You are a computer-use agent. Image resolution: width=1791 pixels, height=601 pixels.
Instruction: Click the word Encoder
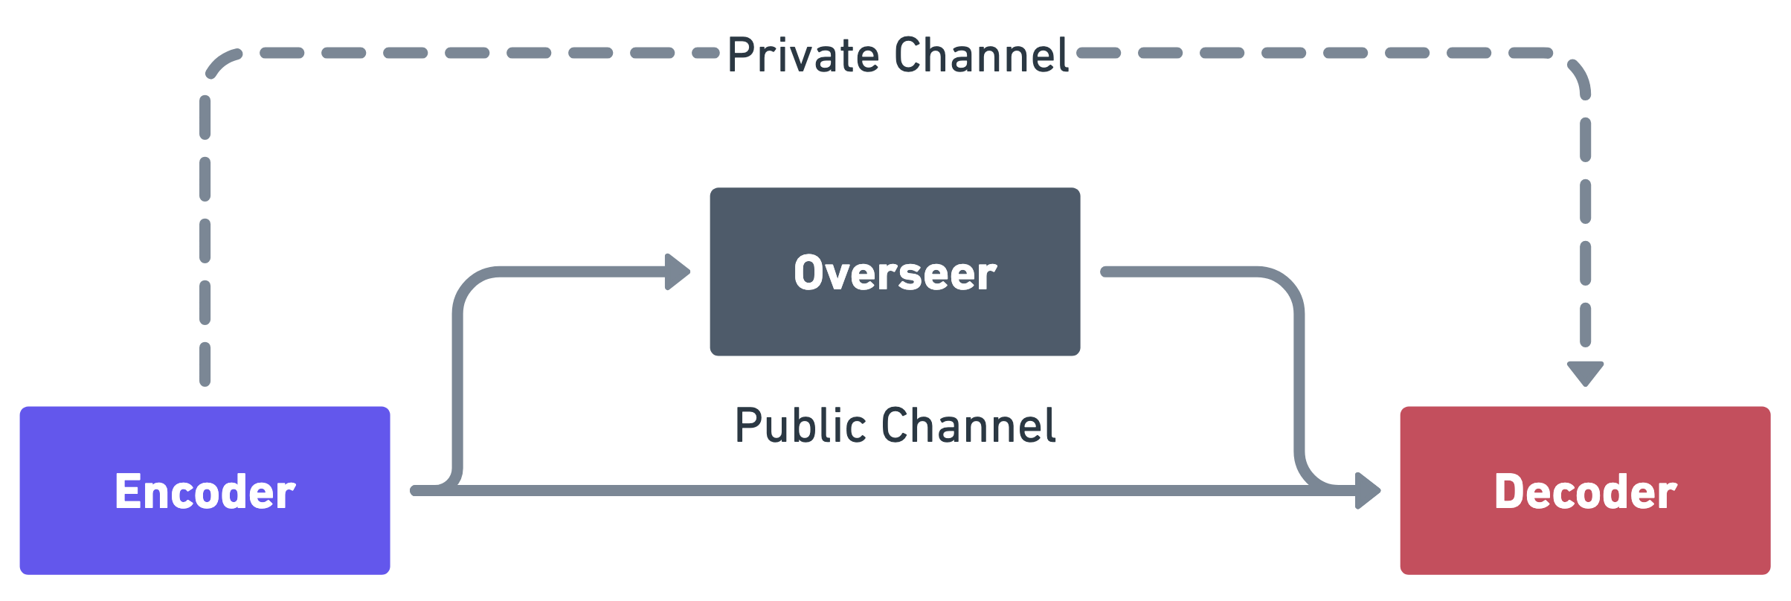(205, 492)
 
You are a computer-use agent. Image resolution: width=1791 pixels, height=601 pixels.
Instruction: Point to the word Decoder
(1586, 492)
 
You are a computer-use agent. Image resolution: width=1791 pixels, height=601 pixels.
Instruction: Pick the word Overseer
(895, 273)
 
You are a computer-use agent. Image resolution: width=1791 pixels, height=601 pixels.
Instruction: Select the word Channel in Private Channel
(982, 55)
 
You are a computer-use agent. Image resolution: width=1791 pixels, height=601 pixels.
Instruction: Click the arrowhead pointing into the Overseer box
(678, 271)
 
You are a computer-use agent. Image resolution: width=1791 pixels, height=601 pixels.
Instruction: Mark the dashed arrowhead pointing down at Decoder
(1585, 372)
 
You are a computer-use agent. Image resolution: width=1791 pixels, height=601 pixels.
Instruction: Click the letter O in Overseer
(806, 273)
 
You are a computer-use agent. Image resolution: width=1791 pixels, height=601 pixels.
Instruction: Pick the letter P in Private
(741, 55)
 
